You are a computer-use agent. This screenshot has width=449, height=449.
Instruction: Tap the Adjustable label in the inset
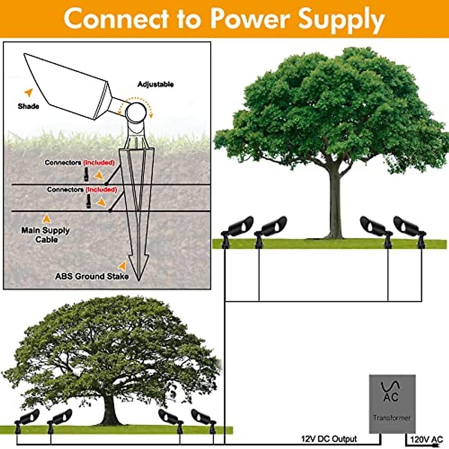155,84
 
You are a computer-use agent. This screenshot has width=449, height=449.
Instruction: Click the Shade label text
28,106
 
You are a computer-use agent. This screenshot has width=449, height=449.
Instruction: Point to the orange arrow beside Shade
28,92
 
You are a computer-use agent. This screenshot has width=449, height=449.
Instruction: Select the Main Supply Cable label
46,235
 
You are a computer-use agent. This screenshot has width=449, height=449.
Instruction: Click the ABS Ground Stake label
92,277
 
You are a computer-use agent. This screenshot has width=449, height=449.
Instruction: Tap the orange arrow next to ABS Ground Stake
122,266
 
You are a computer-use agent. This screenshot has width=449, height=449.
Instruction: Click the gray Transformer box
392,404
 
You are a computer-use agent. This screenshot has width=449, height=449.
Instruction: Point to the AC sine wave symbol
390,386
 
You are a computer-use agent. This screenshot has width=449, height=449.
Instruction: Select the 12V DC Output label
329,439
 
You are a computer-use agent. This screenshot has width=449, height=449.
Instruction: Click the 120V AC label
426,440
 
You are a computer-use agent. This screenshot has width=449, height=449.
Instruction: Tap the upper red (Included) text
99,163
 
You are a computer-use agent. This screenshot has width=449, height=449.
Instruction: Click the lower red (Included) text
101,190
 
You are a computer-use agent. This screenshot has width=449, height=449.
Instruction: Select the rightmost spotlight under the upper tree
410,228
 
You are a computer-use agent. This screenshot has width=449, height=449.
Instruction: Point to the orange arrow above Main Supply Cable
47,218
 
